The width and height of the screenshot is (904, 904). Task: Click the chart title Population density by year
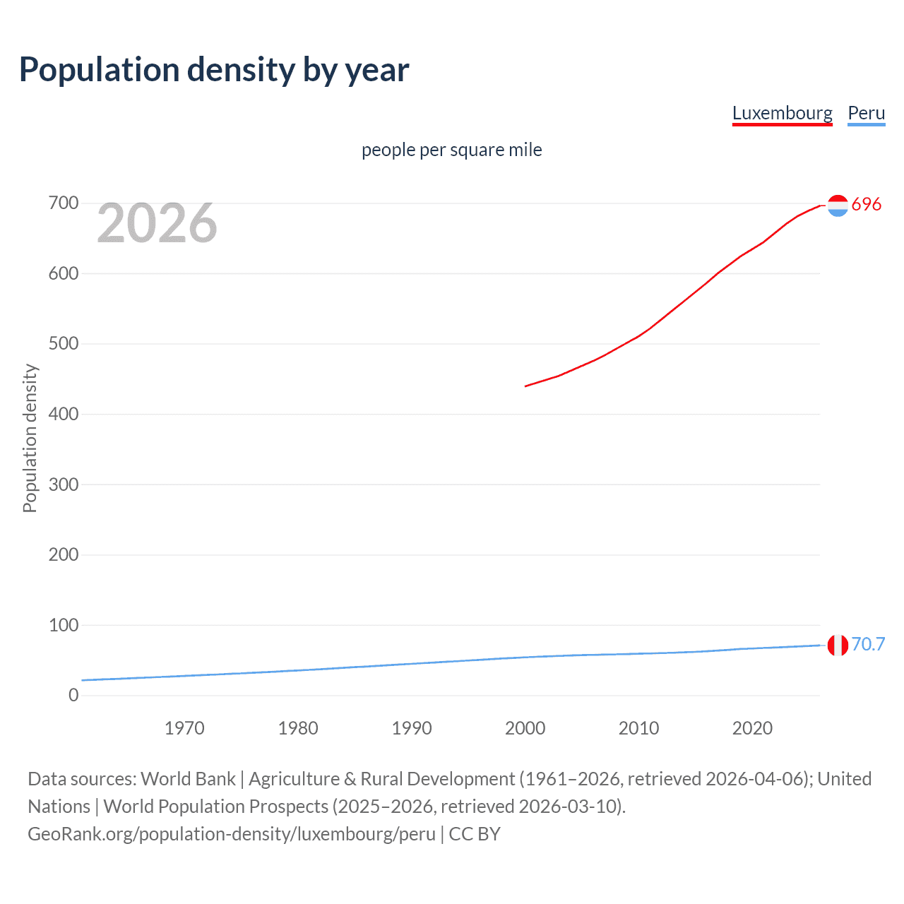(x=214, y=70)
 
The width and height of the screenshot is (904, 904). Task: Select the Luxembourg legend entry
(x=782, y=113)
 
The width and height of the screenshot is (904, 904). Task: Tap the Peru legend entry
(x=866, y=113)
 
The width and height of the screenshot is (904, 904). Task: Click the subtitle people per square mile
(x=451, y=150)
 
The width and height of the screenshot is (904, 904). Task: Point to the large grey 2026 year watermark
(x=157, y=223)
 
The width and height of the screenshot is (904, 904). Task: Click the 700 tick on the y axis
(x=64, y=203)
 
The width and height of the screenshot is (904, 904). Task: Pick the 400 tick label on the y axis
(x=64, y=414)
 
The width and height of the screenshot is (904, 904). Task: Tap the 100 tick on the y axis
(x=64, y=625)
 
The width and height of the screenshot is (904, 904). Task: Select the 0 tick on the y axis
(x=73, y=695)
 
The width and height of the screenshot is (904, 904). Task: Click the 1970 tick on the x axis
(x=184, y=728)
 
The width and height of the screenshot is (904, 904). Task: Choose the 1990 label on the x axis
(x=412, y=728)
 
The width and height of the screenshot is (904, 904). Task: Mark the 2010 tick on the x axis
(x=638, y=728)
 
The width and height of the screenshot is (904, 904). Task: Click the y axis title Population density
(x=30, y=438)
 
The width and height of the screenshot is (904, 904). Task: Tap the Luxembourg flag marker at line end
(x=838, y=206)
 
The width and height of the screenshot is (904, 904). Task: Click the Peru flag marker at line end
(x=838, y=645)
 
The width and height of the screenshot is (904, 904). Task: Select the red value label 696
(x=867, y=204)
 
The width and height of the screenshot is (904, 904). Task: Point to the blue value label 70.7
(x=868, y=644)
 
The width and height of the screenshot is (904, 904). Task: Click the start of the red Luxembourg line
(x=526, y=386)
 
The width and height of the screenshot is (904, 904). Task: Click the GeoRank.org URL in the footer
(x=232, y=834)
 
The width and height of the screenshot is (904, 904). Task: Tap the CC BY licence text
(x=475, y=834)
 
